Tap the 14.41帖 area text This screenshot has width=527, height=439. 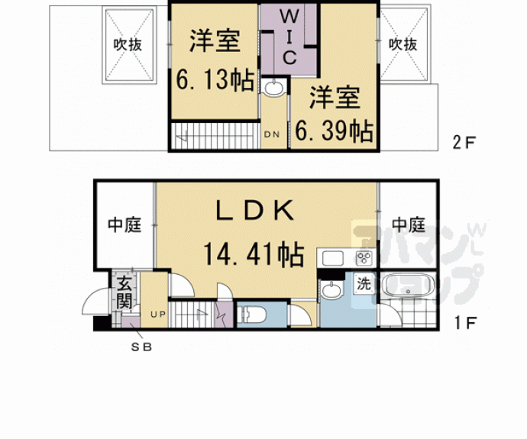(253, 253)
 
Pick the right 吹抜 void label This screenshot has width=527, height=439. (403, 44)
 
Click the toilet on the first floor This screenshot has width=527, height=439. (251, 314)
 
